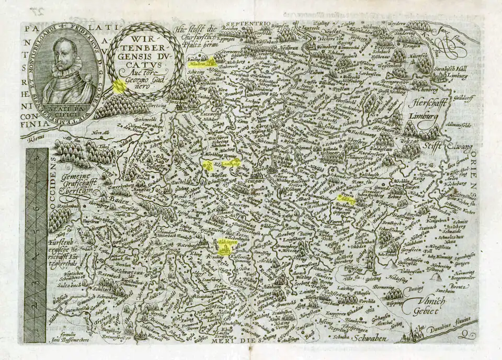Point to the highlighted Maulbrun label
tap(202, 64)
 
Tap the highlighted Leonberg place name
tap(231, 164)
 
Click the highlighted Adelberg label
tap(347, 199)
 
